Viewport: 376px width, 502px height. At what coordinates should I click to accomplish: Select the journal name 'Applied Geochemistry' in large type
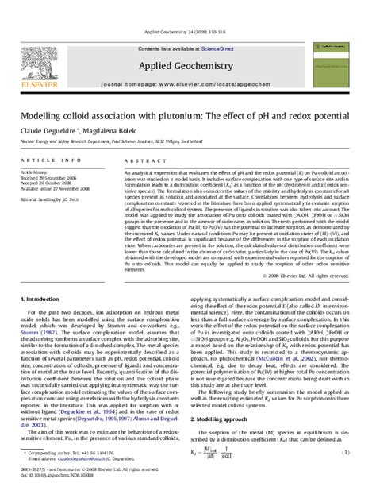[x=186, y=46]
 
